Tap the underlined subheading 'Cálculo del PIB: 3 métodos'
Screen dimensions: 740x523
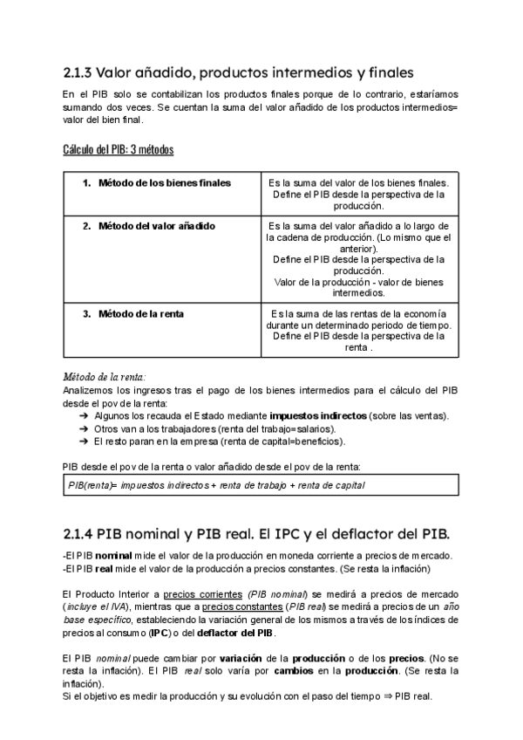pyautogui.click(x=118, y=149)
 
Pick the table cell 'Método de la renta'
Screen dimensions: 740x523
pyautogui.click(x=140, y=313)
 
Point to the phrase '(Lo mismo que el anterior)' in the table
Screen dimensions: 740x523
pyautogui.click(x=359, y=243)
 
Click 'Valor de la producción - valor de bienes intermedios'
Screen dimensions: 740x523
pyautogui.click(x=359, y=287)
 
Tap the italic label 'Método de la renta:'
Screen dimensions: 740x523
pyautogui.click(x=104, y=375)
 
